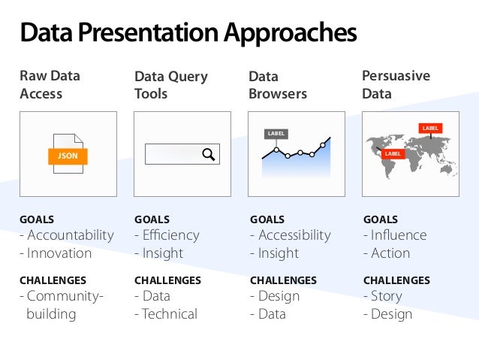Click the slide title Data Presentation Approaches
[x=188, y=33]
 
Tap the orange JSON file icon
[x=68, y=156]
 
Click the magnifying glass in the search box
[x=208, y=155]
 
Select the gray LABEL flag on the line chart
[x=276, y=134]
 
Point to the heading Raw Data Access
[x=50, y=85]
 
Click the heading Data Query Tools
[x=171, y=85]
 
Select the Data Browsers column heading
[x=278, y=85]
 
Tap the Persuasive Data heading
[x=396, y=85]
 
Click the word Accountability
[x=71, y=235]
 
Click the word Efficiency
[x=171, y=235]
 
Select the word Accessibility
[x=294, y=235]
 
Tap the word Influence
[x=399, y=235]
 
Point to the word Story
[x=387, y=296]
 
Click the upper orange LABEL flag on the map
[x=430, y=129]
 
